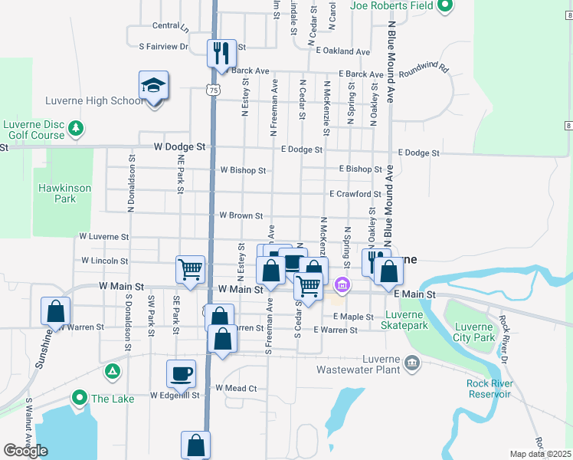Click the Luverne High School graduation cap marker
tap(153, 87)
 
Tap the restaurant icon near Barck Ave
tap(221, 54)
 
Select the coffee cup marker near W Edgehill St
tap(181, 374)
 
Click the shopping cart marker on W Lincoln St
tap(190, 269)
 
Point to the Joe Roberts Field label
tap(391, 6)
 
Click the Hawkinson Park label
tap(65, 193)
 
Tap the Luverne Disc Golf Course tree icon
tap(76, 127)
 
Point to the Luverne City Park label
tap(473, 331)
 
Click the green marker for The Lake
tap(78, 398)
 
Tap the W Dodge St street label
tap(180, 146)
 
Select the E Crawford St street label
tap(355, 195)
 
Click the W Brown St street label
tap(241, 216)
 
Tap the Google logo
tap(26, 451)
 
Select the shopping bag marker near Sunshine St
tap(55, 311)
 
